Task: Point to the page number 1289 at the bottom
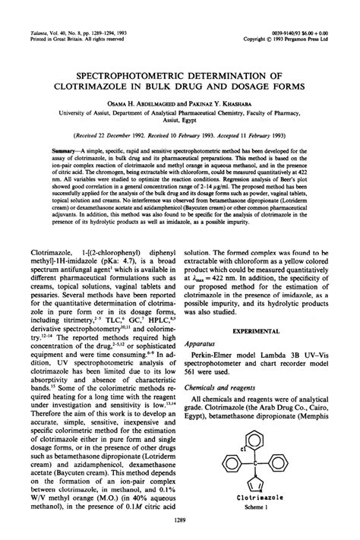(x=180, y=519)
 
